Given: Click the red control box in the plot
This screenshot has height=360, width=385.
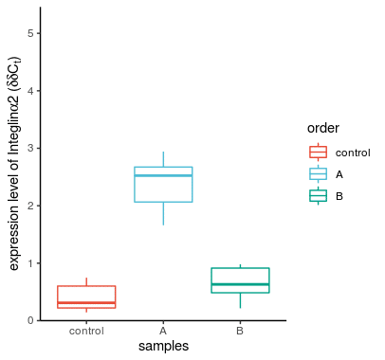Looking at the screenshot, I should (x=86, y=296).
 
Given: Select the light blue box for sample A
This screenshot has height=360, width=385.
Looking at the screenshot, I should (x=163, y=186).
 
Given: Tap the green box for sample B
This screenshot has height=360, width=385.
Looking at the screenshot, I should (x=240, y=279).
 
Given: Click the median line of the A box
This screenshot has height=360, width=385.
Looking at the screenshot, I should (x=163, y=175).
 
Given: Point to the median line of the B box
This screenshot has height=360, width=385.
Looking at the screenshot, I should (x=240, y=284).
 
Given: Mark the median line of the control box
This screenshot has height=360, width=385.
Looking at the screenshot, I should (x=86, y=302).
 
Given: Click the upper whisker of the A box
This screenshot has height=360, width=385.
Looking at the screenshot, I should (x=163, y=158).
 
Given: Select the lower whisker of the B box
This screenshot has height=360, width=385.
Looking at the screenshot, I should (x=240, y=300).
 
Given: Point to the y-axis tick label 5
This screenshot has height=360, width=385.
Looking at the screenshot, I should (x=31, y=33).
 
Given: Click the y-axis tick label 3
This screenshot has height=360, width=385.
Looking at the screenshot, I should (x=31, y=148).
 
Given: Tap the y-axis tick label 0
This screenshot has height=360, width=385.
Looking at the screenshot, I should (x=31, y=320).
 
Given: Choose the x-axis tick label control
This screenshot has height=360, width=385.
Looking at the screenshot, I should (x=86, y=332).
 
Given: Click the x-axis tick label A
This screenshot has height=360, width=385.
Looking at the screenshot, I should (x=163, y=332).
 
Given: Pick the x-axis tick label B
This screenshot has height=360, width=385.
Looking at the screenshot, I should (x=240, y=332).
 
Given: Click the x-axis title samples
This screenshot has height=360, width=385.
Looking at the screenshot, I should (x=163, y=347).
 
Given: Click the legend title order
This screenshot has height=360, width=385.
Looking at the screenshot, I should (x=322, y=129).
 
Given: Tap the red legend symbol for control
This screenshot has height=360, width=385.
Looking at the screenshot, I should (x=319, y=152).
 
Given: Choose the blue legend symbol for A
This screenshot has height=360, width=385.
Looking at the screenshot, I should (x=319, y=173).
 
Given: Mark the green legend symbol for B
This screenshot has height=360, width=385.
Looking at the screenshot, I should (x=319, y=195).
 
